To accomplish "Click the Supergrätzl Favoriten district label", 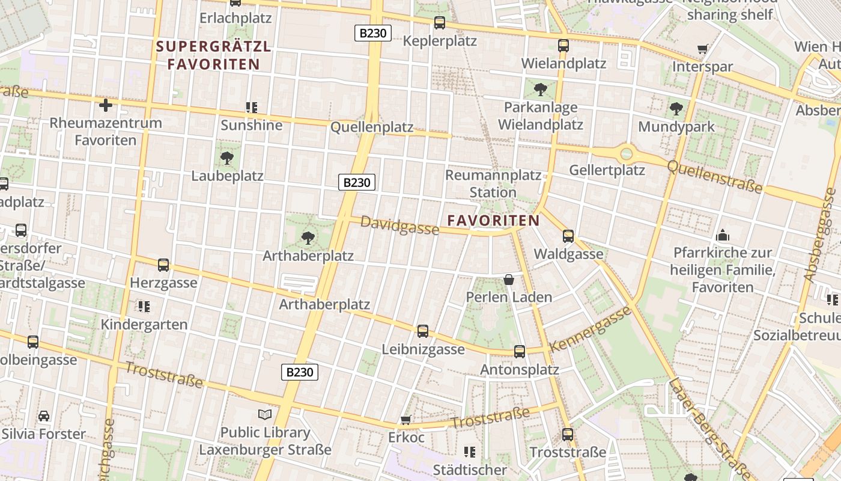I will pyautogui.click(x=213, y=55).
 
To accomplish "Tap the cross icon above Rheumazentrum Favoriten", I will pyautogui.click(x=106, y=106).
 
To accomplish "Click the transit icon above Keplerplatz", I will pyautogui.click(x=440, y=23).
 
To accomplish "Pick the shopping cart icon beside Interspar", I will pyautogui.click(x=702, y=49).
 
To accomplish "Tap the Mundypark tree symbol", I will pyautogui.click(x=676, y=109).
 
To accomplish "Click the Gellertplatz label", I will pyautogui.click(x=607, y=170).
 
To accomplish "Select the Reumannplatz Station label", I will pyautogui.click(x=493, y=183).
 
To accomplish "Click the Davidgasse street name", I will pyautogui.click(x=399, y=225).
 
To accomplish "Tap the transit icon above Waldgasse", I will pyautogui.click(x=568, y=236).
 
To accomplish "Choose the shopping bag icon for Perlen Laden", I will pyautogui.click(x=509, y=280).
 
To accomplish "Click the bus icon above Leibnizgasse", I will pyautogui.click(x=423, y=331).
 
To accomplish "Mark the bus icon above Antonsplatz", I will pyautogui.click(x=520, y=352).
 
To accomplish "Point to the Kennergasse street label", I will pyautogui.click(x=591, y=329).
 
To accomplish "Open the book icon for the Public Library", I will pyautogui.click(x=265, y=414).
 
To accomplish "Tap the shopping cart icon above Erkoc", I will pyautogui.click(x=406, y=420).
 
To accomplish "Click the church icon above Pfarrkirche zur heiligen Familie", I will pyautogui.click(x=723, y=235).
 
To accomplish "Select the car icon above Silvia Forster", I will pyautogui.click(x=44, y=415).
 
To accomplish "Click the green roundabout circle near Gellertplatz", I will pyautogui.click(x=627, y=153).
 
